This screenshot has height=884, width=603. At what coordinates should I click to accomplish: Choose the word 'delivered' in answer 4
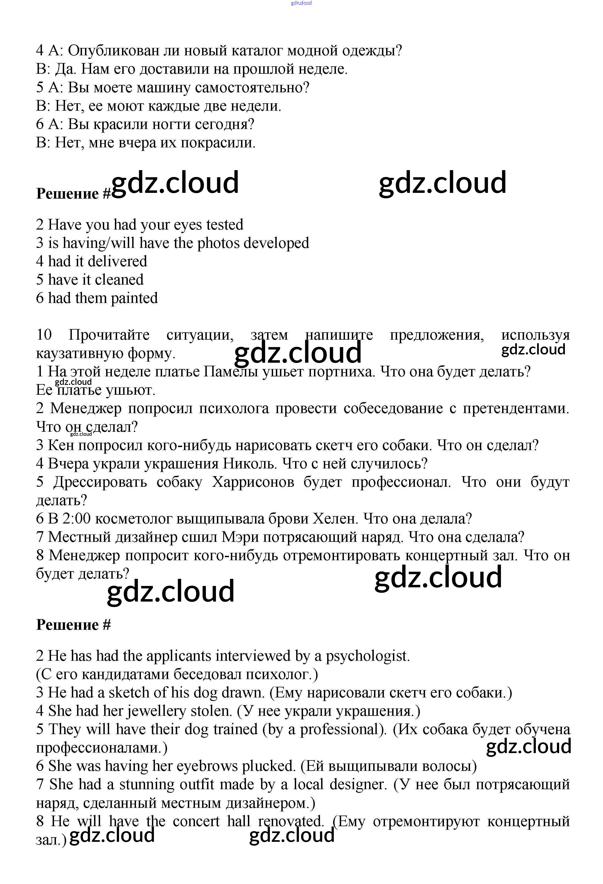coord(117,261)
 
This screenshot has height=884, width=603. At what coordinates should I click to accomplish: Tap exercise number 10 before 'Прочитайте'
coord(44,335)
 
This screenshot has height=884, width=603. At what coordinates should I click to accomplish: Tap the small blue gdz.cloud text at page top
coord(301,3)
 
